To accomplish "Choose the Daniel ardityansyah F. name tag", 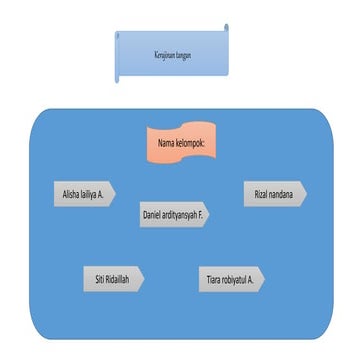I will tap(174, 214).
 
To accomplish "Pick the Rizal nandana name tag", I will tap(274, 193).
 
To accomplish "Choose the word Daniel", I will tap(151, 214).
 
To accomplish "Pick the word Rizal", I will tap(261, 193).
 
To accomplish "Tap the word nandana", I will tap(281, 193).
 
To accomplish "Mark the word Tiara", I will tap(213, 279).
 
